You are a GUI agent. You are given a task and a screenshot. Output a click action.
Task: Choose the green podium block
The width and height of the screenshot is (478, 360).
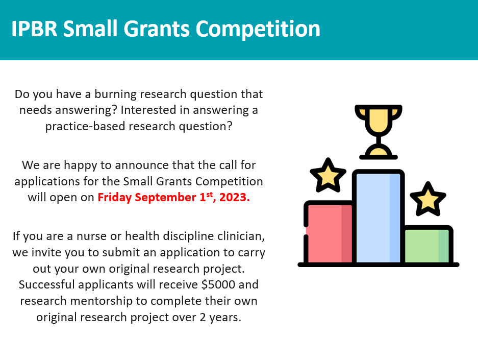(x=427, y=246)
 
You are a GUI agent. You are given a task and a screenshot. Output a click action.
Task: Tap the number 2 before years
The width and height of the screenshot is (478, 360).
(x=204, y=317)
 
